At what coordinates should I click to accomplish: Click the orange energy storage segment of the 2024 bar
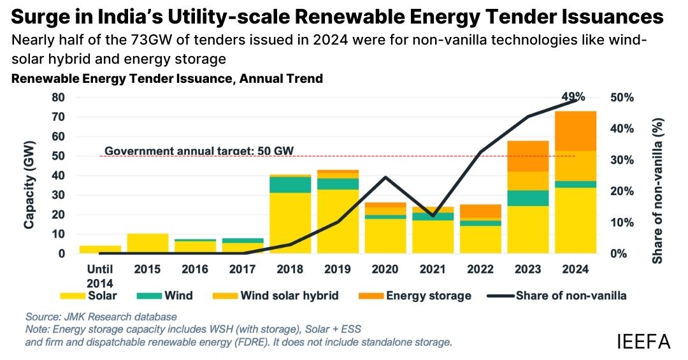pos(575,131)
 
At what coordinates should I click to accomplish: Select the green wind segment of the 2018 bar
pos(290,184)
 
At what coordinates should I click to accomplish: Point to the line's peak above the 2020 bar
pos(385,177)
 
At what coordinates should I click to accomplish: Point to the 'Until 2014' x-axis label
pos(99,276)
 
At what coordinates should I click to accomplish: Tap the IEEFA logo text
pos(643,342)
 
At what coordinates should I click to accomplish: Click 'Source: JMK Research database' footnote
pos(101,317)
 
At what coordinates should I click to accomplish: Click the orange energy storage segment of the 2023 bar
pos(527,156)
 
